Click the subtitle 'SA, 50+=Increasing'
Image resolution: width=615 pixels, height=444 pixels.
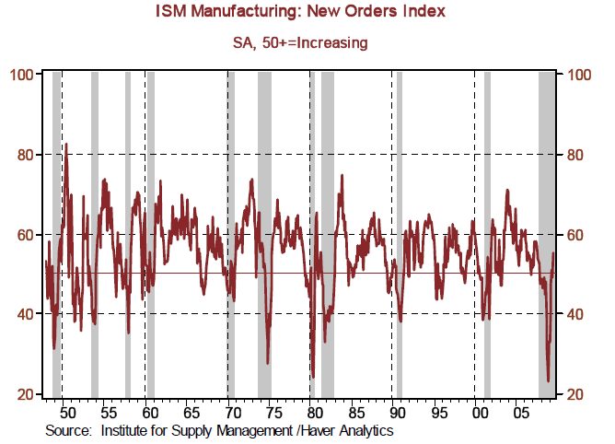pos(307,42)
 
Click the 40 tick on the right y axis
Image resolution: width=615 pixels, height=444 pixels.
pos(581,314)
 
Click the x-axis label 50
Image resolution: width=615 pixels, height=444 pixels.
pos(65,412)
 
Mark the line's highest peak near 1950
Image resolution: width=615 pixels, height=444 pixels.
pos(65,145)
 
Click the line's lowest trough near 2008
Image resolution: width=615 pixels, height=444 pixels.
pos(549,380)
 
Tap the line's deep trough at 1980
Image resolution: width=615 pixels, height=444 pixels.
pos(314,377)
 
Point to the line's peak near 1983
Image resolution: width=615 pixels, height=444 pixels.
pos(342,175)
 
